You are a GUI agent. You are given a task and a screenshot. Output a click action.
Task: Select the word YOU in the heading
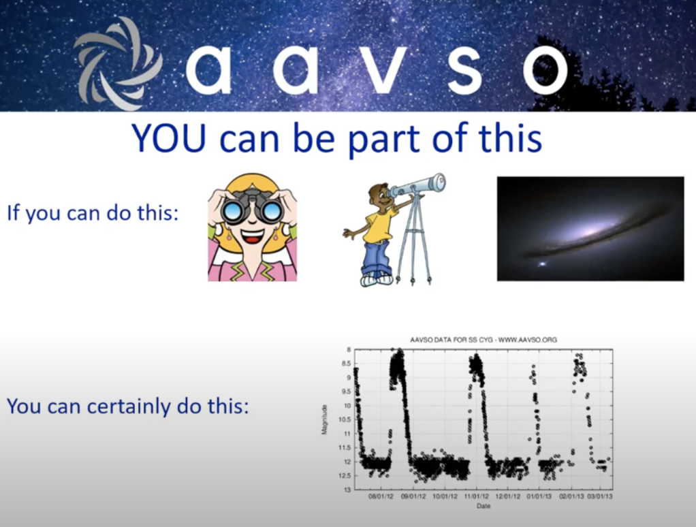tap(169, 138)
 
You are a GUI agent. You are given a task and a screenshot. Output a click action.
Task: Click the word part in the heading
tap(385, 140)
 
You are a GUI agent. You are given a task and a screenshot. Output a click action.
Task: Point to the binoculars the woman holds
tap(252, 207)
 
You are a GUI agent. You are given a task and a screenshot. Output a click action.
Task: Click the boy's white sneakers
tap(377, 280)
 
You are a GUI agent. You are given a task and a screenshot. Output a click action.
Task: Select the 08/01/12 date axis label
tap(381, 496)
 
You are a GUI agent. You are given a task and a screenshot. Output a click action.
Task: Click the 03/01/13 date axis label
tap(600, 496)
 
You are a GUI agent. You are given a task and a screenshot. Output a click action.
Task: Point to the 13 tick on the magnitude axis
tap(348, 490)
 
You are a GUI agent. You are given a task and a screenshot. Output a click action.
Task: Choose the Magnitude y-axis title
tap(325, 419)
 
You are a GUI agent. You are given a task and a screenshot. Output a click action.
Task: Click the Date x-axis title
tap(484, 506)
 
